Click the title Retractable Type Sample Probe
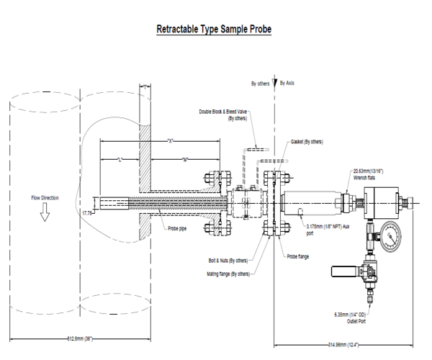pyautogui.click(x=213, y=32)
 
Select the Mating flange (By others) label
pyautogui.click(x=229, y=274)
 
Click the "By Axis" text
pyautogui.click(x=287, y=84)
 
